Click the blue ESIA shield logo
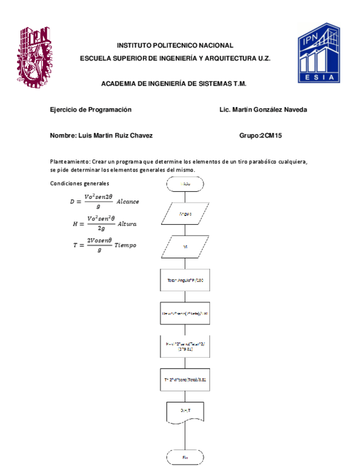click(319, 53)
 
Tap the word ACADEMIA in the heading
click(119, 84)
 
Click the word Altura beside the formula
click(127, 224)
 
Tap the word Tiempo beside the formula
click(125, 245)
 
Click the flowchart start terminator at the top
click(185, 184)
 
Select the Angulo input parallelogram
click(185, 214)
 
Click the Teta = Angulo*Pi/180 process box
click(185, 280)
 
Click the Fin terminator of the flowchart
click(185, 457)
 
